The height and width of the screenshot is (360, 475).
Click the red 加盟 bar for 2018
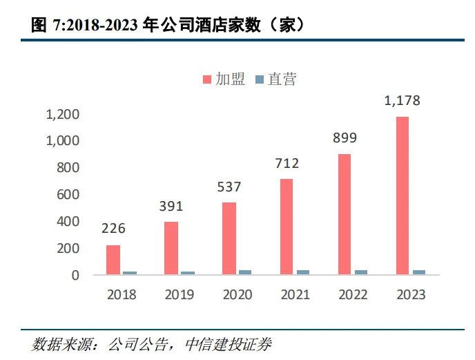click(113, 260)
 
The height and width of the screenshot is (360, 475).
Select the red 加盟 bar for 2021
click(287, 227)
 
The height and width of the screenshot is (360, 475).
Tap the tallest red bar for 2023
click(403, 196)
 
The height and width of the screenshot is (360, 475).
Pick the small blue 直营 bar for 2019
click(188, 273)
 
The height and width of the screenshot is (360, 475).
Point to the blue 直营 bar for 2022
click(361, 272)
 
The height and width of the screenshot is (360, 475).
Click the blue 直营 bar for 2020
click(245, 272)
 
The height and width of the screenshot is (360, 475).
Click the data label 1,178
click(403, 101)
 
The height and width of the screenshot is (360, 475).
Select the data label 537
click(229, 187)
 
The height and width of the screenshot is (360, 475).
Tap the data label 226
click(113, 229)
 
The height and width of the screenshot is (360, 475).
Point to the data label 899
click(345, 138)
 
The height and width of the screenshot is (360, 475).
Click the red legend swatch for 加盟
click(207, 79)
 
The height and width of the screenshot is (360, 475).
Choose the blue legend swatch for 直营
click(260, 79)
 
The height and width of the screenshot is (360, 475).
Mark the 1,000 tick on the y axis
click(62, 141)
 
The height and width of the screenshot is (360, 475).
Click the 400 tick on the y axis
click(68, 222)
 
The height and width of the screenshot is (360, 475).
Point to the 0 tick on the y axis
click(75, 276)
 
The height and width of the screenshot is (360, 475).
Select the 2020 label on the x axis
click(237, 295)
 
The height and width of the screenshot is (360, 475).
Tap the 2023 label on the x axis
click(411, 295)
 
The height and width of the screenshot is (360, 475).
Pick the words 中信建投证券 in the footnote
click(229, 345)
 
